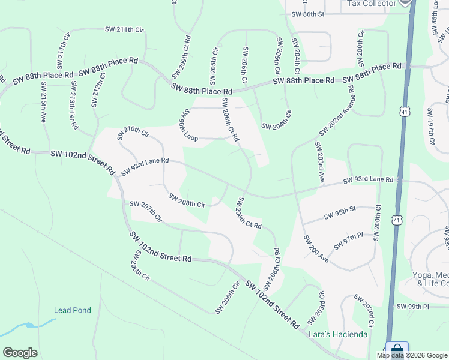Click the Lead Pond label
pos(72,310)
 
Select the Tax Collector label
pos(372,4)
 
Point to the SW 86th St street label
pos(307,13)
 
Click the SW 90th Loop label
pos(187,125)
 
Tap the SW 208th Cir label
pos(187,200)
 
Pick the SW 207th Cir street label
pos(146,212)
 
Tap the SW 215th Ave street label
pos(43,107)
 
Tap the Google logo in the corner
pos(20,353)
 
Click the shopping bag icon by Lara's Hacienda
pos(397,350)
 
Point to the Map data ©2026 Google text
pos(412,355)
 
